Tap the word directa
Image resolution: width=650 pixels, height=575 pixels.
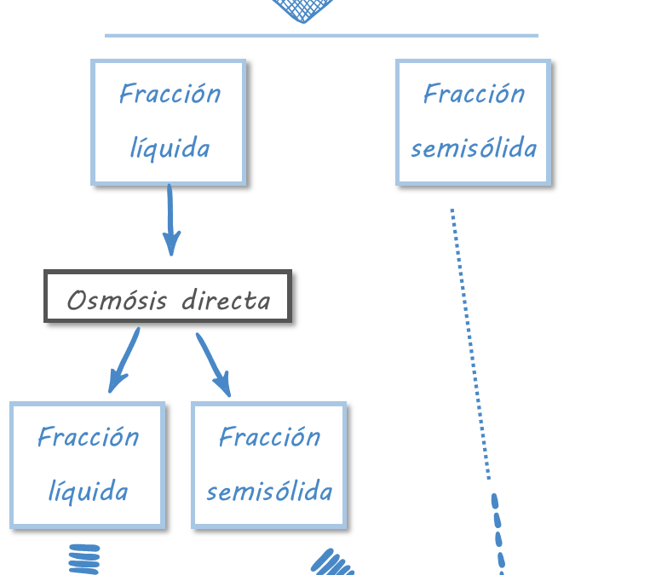(226, 300)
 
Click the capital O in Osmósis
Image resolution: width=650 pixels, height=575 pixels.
(77, 300)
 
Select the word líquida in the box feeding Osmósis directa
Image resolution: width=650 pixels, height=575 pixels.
(170, 148)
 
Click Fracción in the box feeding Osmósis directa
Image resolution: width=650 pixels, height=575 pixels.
(170, 93)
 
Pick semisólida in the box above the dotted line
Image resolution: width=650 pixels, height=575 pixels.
(474, 148)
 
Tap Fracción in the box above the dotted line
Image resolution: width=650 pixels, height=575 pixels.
(474, 93)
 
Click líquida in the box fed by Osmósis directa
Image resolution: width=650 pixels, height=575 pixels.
(88, 492)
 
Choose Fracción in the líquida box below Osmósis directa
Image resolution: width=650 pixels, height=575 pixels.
(88, 437)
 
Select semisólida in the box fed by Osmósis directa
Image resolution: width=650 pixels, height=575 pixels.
(269, 492)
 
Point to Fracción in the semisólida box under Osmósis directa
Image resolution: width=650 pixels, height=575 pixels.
(269, 437)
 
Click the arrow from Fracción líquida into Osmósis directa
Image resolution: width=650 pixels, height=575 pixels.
(170, 220)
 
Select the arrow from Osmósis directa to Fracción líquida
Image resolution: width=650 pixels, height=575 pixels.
(124, 360)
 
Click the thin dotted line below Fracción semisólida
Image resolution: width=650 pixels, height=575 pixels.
(470, 341)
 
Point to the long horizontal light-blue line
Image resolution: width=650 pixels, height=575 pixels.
(321, 36)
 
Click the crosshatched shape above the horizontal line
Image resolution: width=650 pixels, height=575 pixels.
(302, 9)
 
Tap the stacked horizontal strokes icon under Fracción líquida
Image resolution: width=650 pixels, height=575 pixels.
(83, 560)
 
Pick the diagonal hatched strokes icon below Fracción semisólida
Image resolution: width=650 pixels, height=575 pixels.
(333, 563)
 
